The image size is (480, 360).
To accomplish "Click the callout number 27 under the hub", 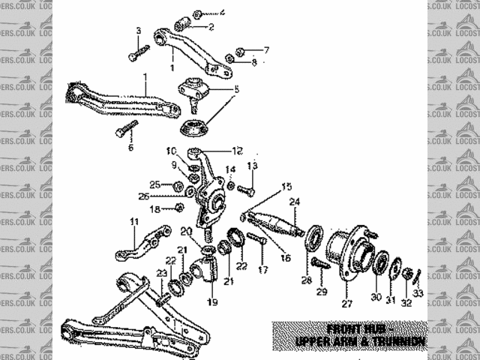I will pyautogui.click(x=346, y=304).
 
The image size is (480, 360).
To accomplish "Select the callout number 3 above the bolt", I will pyautogui.click(x=137, y=31).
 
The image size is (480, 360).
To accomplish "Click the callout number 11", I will pyautogui.click(x=134, y=221).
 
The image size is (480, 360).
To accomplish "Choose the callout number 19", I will pyautogui.click(x=212, y=302).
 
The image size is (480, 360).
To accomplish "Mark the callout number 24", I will pyautogui.click(x=295, y=201).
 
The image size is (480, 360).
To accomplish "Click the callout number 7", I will pyautogui.click(x=265, y=50).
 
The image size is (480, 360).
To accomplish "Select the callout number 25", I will pyautogui.click(x=154, y=184).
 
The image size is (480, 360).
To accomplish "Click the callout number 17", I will pyautogui.click(x=262, y=268).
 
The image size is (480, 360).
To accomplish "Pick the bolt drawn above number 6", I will pyautogui.click(x=128, y=129).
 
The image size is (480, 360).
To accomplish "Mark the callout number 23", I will pyautogui.click(x=161, y=273).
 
